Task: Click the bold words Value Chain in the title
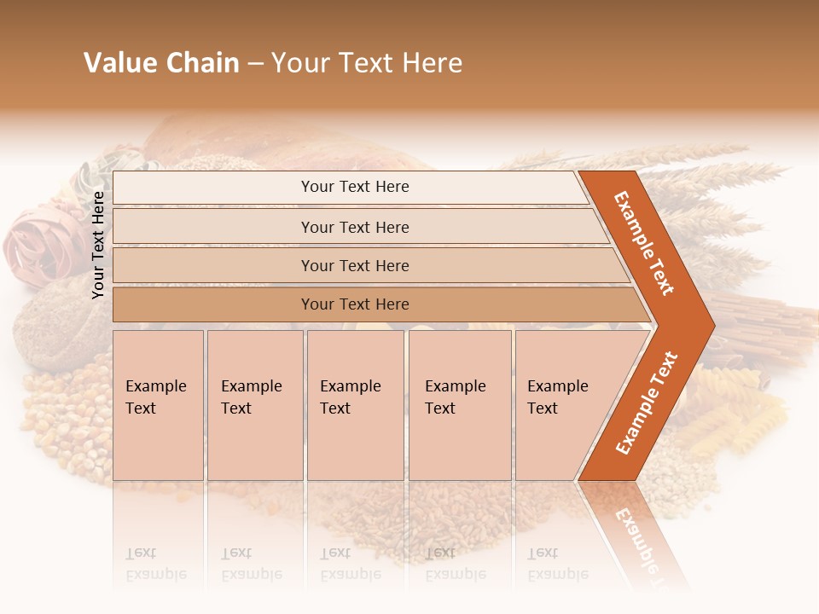pos(161,63)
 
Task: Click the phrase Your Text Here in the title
pos(367,63)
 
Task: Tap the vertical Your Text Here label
pos(98,245)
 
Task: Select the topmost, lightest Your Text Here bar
pos(354,188)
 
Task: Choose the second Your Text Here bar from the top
pos(354,227)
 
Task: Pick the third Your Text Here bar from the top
pos(354,265)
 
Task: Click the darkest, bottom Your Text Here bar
pos(354,304)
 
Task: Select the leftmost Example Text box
pos(158,404)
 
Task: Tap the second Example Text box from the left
pos(254,404)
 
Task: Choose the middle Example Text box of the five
pos(355,404)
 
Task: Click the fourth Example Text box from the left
pos(459,404)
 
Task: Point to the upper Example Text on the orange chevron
pos(644,243)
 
